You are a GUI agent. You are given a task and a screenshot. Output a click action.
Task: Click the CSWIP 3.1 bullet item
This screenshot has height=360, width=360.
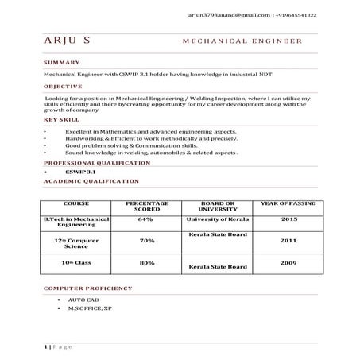[80, 172]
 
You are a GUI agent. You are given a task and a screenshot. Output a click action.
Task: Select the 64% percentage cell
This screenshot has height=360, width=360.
[145, 219]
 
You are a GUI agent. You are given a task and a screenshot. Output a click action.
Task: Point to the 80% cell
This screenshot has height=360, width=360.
[146, 262]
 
